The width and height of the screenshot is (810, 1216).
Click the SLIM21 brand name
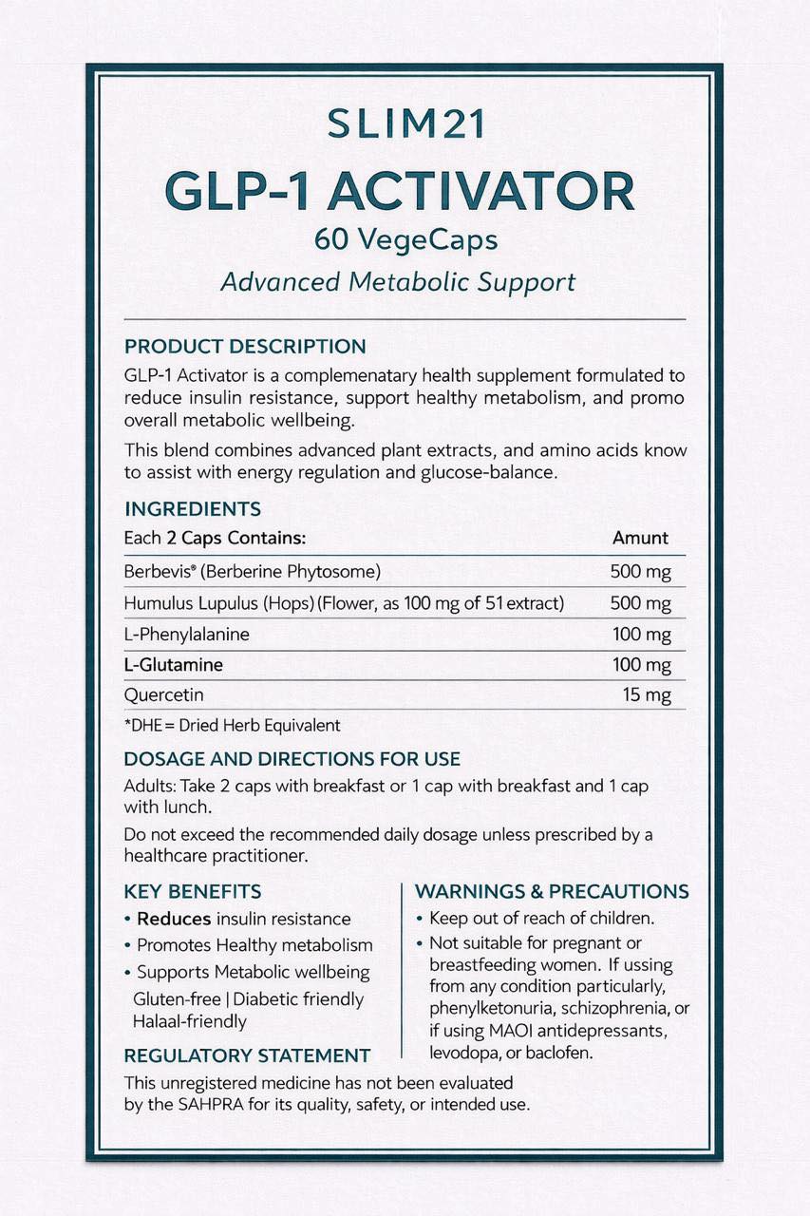pos(405,124)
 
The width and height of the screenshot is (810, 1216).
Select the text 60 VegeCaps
pos(405,240)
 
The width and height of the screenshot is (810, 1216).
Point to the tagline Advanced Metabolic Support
pos(398,282)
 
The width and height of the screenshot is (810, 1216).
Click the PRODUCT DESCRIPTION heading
pos(245,347)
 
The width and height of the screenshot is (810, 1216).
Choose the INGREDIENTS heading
pos(193,509)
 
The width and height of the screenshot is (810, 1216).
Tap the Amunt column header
pos(640,538)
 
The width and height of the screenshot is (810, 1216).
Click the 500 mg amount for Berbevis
pos(641,572)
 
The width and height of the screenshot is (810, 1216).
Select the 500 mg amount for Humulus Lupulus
pos(641,603)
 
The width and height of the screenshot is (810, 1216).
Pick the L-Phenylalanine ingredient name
pos(187,634)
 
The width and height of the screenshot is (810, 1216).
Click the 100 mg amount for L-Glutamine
pos(641,664)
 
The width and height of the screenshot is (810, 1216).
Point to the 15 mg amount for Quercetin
pos(647,695)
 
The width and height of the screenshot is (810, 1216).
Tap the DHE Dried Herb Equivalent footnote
pos(232,726)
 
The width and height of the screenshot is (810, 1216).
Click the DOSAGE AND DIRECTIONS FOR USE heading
pos(292,760)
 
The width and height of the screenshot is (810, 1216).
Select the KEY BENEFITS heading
pos(193,892)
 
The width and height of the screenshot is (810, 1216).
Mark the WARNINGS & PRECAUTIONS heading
pos(552,892)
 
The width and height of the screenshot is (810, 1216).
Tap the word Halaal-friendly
pos(190,1022)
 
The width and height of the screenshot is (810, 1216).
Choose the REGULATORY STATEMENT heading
pos(247,1055)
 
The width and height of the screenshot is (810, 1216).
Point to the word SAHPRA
pos(202,1105)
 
